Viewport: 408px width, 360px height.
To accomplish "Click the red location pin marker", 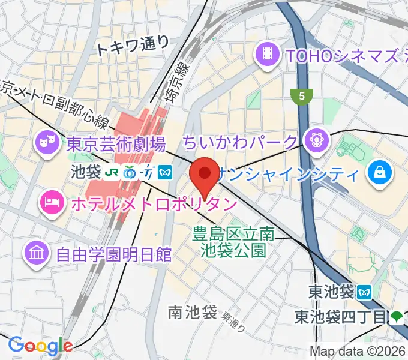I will [x=204, y=176].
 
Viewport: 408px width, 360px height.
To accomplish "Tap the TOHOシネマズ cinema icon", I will [x=268, y=56].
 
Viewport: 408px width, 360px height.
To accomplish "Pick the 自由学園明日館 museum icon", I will [x=37, y=254].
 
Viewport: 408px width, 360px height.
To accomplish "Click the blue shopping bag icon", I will [x=380, y=173].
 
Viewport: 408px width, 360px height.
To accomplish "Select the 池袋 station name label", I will [x=85, y=173].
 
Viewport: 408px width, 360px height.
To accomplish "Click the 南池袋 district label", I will [x=192, y=311].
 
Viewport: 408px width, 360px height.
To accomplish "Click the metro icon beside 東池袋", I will [x=364, y=292].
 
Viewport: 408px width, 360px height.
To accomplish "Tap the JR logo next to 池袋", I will [x=112, y=173].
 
